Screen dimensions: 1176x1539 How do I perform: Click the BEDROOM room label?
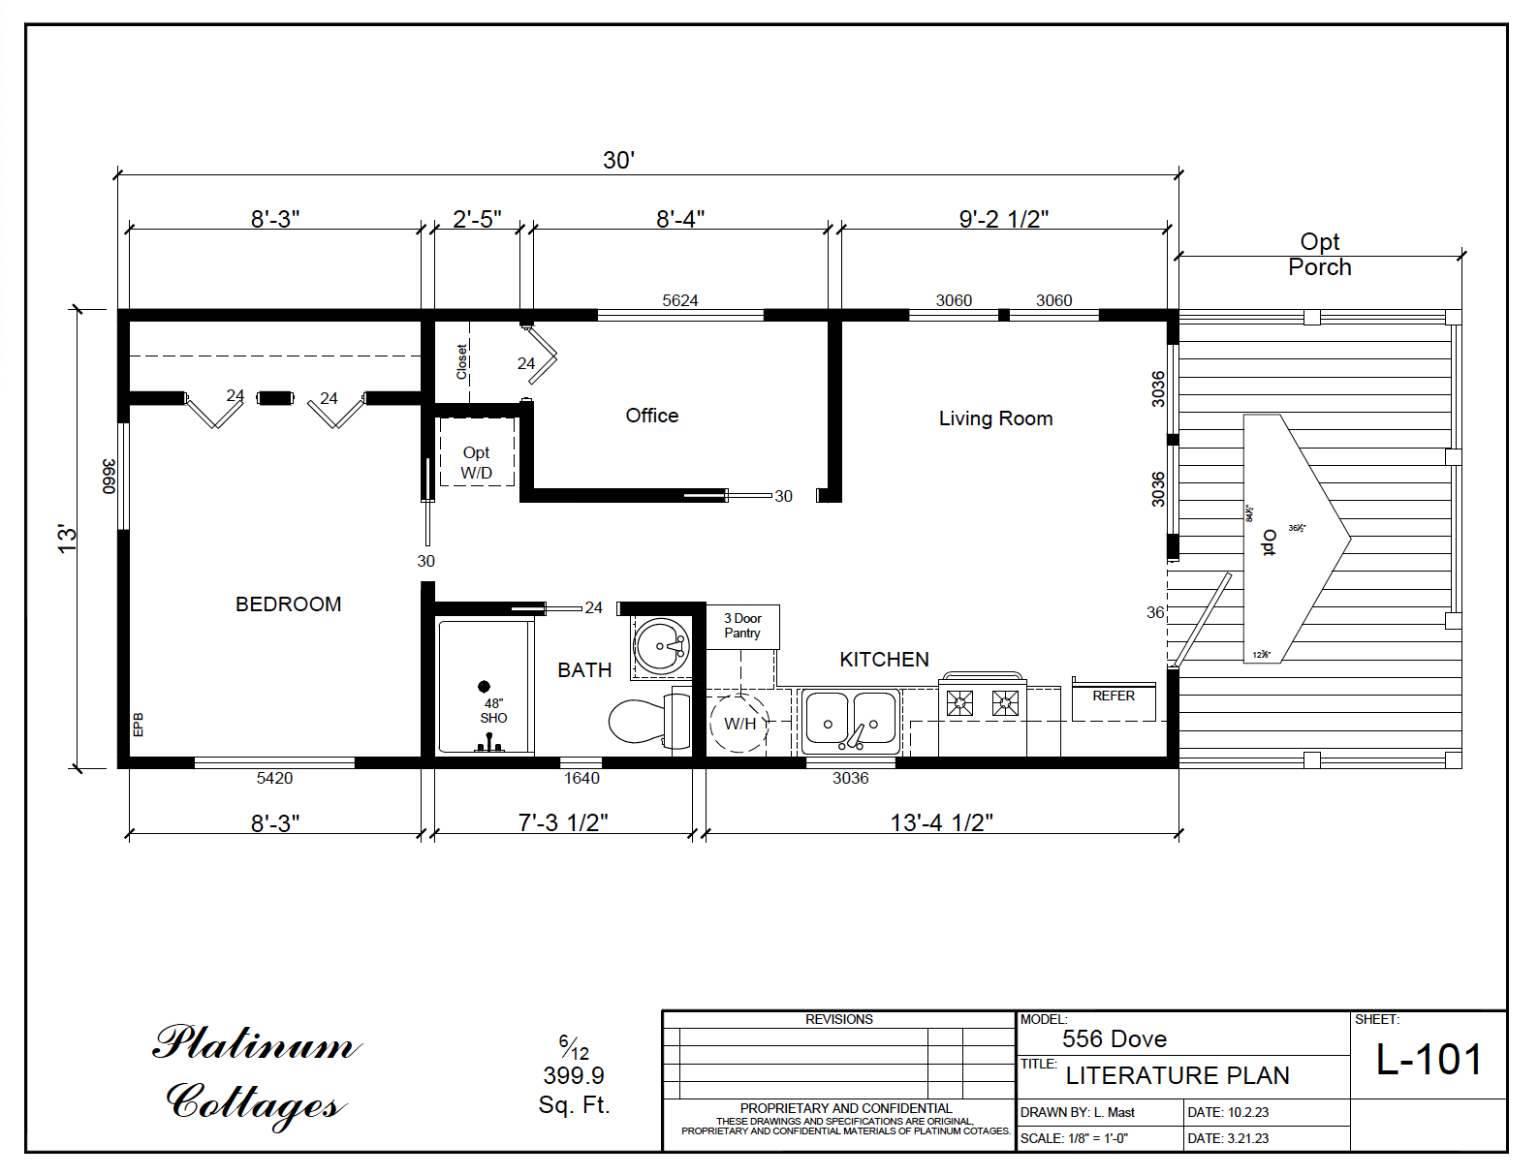point(288,604)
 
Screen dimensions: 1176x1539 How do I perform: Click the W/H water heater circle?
point(739,723)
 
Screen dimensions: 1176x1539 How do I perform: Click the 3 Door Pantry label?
point(742,626)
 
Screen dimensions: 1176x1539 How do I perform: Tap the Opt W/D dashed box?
point(476,452)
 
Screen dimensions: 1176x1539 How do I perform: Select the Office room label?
point(651,416)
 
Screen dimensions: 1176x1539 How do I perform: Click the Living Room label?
point(995,418)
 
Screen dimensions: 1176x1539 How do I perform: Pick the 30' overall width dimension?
point(618,160)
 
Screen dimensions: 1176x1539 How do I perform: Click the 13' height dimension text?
point(66,539)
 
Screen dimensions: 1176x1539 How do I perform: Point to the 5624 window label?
point(679,300)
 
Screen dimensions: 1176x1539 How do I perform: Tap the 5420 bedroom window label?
point(274,778)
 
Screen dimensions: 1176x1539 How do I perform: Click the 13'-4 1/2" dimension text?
point(941,822)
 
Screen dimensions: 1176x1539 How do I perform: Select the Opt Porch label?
point(1319,255)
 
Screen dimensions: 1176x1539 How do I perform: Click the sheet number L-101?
point(1429,1060)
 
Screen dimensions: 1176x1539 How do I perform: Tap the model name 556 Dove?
point(1114,1039)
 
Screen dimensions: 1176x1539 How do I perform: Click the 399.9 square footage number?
point(573,1075)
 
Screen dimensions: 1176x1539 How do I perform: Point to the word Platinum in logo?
point(256,1044)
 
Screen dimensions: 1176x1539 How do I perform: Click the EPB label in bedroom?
point(138,725)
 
